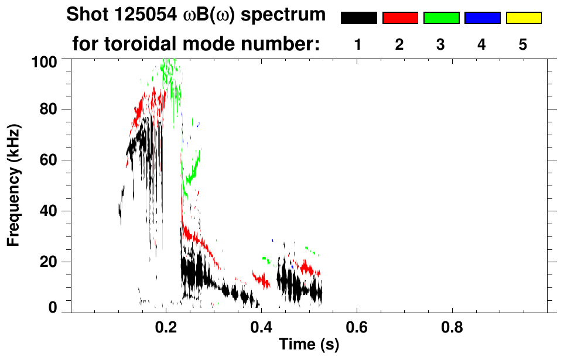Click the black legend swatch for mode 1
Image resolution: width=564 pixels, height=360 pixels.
coord(359,18)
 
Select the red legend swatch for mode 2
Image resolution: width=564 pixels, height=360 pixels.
coord(400,18)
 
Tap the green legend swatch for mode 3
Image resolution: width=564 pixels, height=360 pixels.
coord(441,18)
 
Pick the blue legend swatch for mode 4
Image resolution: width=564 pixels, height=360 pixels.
coord(482,18)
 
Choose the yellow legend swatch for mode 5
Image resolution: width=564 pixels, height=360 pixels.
coord(523,18)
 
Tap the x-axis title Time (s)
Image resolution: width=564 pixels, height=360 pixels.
coord(308,345)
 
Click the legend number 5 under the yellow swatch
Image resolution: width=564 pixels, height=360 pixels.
coord(523,44)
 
